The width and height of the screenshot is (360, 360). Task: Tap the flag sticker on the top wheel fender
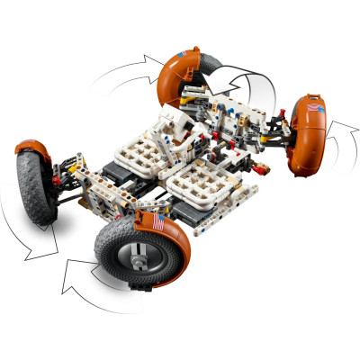(x=184, y=57)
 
